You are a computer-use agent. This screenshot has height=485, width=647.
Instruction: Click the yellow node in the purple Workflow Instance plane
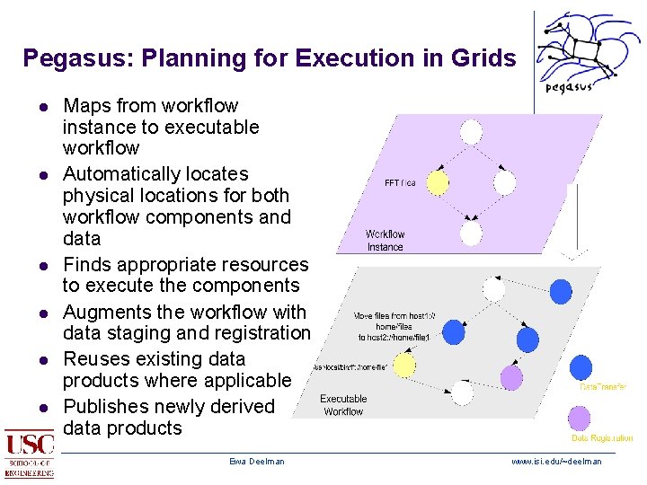pos(438,182)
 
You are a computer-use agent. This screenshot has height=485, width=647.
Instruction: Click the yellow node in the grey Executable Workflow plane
pos(405,365)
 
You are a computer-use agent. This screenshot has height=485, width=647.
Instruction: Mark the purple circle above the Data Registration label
pos(580,418)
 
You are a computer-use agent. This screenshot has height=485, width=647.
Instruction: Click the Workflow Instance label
pos(385,241)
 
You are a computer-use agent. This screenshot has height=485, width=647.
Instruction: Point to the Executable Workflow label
pos(343,405)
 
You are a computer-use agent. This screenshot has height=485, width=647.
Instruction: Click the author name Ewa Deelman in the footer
pos(256,462)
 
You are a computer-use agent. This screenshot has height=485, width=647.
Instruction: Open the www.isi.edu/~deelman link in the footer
pos(556,462)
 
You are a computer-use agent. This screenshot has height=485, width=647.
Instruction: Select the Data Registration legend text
pos(602,438)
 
